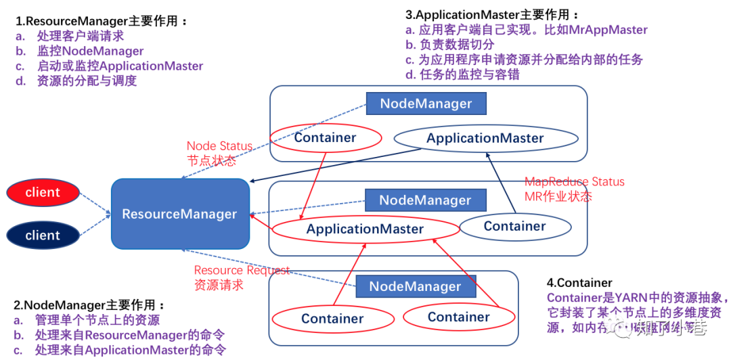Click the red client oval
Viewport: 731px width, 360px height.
43,192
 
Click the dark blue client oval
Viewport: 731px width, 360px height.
43,235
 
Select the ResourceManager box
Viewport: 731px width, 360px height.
179,214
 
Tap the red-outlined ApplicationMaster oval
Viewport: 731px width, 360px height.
365,229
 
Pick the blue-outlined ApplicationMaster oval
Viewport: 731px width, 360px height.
485,138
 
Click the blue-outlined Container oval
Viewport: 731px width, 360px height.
514,226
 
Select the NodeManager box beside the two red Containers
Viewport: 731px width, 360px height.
415,286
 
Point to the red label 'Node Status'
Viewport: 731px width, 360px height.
219,146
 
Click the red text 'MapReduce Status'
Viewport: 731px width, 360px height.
575,182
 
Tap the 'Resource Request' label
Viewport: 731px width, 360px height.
242,270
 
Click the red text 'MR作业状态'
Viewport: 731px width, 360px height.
558,196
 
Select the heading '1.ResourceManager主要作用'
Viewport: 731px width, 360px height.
102,21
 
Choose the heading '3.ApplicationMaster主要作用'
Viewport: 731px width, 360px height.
492,14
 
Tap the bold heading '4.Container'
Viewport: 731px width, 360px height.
579,283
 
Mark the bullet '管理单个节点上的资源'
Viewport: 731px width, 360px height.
97,320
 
